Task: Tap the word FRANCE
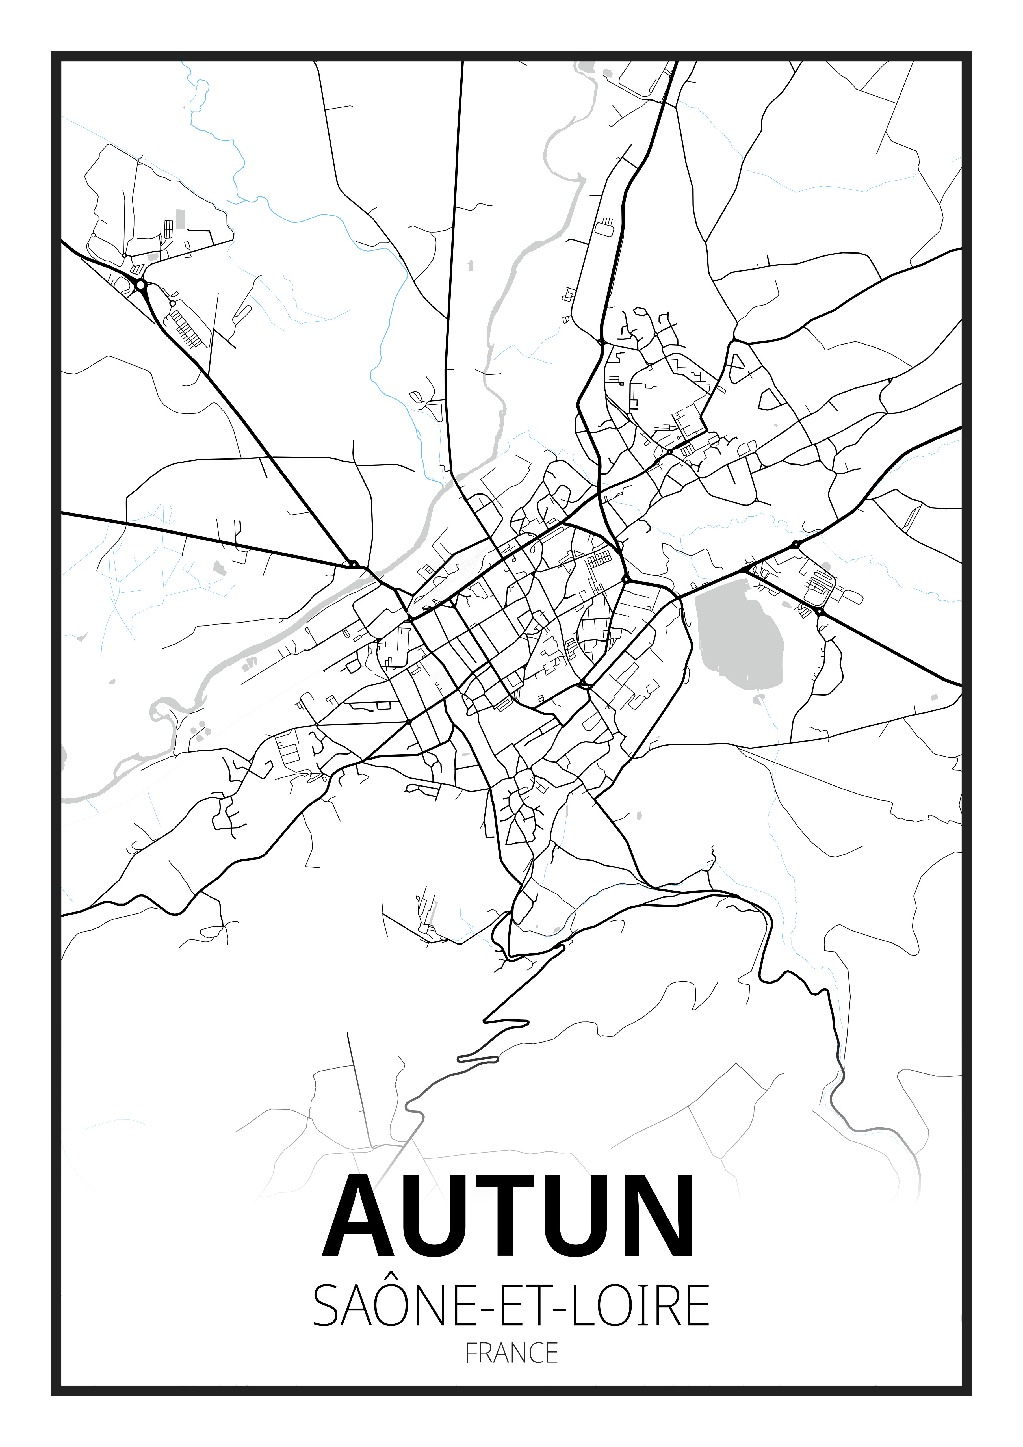click(511, 1353)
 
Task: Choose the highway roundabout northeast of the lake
click(796, 543)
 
